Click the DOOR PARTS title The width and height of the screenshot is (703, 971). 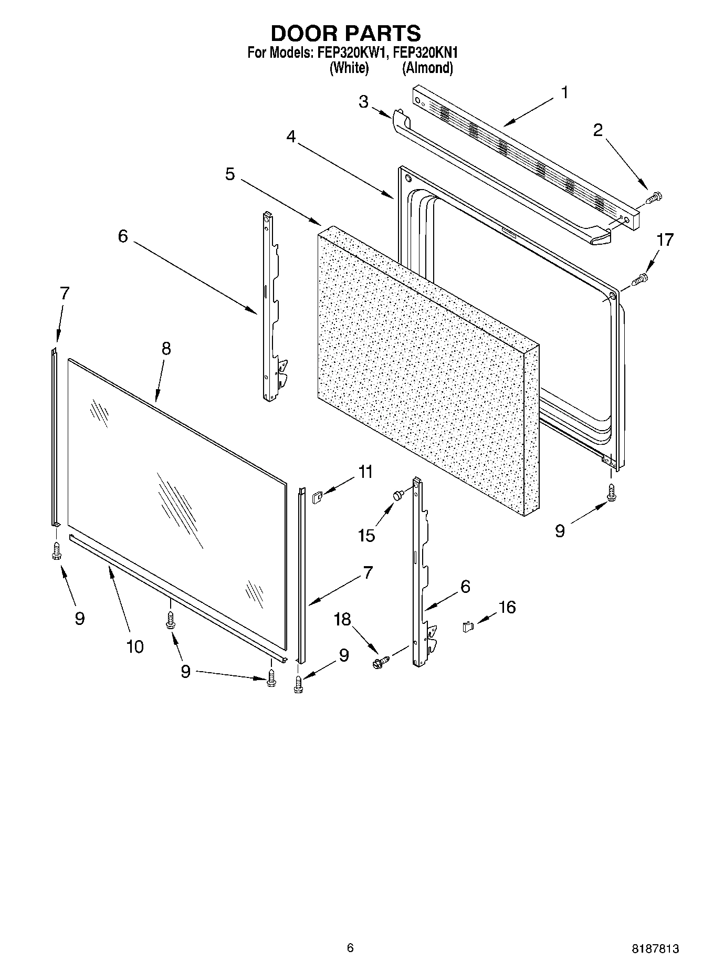(345, 33)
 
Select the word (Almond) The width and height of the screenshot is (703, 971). (427, 68)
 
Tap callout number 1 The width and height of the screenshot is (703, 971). (564, 93)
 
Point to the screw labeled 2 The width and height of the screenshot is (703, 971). (654, 198)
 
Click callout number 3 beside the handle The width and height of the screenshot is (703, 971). (363, 101)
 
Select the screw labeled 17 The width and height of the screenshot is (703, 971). (640, 279)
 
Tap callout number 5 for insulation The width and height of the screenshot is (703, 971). (230, 174)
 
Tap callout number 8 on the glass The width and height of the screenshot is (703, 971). (166, 348)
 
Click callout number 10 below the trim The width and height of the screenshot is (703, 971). (134, 646)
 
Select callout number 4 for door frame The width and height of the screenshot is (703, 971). (291, 137)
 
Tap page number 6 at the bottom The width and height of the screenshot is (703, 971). (350, 948)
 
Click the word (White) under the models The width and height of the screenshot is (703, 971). (349, 68)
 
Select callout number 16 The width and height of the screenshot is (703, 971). (507, 607)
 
